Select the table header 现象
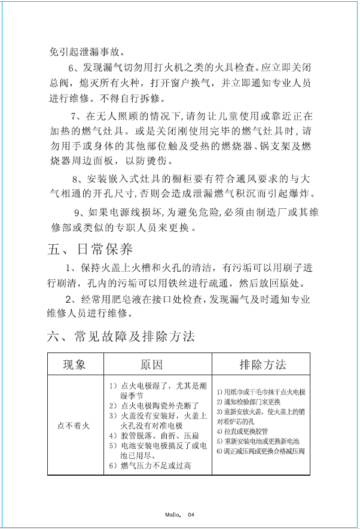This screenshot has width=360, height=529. (75, 364)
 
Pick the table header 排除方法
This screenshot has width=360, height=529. (262, 364)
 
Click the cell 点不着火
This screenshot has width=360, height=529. (73, 425)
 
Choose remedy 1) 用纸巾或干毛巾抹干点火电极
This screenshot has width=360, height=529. (261, 392)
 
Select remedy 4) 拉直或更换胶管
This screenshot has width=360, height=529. (242, 431)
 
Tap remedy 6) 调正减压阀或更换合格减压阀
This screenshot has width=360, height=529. (260, 450)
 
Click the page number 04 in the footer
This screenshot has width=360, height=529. (191, 514)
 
